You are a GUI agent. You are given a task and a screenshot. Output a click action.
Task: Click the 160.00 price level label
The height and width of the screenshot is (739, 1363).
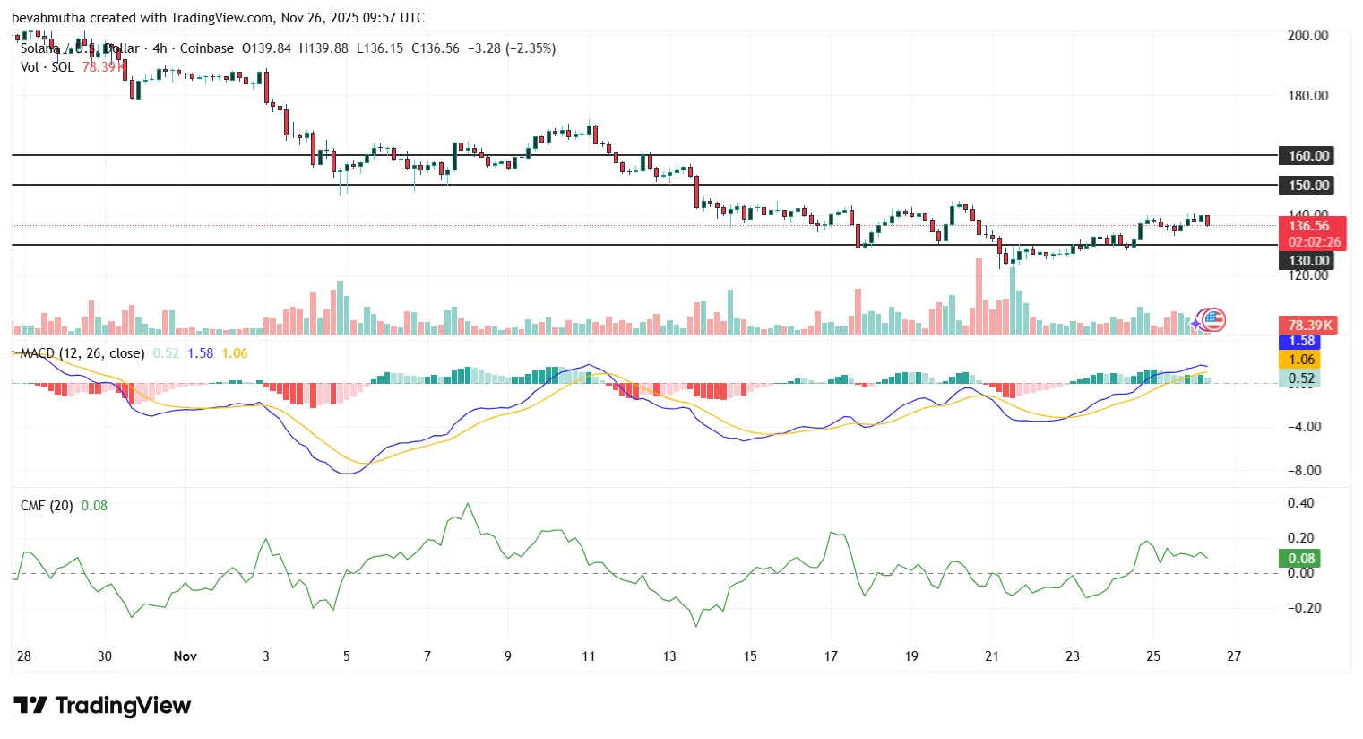coord(1308,156)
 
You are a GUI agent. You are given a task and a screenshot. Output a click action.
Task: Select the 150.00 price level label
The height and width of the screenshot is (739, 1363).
coord(1308,186)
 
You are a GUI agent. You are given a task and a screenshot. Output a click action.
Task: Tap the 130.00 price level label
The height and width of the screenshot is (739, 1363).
coord(1308,261)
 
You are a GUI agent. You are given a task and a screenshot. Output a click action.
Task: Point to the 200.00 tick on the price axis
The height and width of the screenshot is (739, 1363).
coord(1307,36)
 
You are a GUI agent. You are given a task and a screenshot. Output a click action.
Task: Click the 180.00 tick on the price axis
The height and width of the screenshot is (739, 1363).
coord(1307,96)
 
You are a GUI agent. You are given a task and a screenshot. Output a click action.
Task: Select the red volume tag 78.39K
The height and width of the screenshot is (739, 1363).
coord(1310,326)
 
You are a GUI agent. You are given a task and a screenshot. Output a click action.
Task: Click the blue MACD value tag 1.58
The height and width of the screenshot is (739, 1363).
coord(1301,342)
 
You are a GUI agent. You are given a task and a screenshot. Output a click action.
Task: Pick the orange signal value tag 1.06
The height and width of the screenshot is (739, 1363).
coord(1301,360)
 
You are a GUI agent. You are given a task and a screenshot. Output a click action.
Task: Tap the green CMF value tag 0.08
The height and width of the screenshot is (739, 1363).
coord(1301,559)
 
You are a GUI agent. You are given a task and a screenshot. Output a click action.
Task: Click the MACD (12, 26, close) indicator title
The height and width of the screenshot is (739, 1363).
coord(82,353)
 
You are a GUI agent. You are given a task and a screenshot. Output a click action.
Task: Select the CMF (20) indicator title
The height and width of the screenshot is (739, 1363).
coord(47,506)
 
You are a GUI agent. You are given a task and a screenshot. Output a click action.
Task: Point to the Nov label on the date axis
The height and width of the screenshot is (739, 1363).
coord(185,656)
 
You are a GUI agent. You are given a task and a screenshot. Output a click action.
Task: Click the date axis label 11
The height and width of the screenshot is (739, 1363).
coord(589,656)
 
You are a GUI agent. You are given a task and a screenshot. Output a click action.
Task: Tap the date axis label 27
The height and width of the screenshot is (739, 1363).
coord(1234,656)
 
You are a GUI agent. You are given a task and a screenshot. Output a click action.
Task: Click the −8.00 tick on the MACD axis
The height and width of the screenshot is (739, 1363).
coord(1304,471)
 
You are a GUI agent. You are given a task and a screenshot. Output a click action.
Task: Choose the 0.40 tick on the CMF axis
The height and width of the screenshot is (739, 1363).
coord(1300,503)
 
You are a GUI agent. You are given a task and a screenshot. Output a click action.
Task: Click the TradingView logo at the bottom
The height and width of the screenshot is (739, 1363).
coord(102,706)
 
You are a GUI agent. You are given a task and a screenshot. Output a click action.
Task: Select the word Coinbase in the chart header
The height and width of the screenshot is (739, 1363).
coord(207,48)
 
